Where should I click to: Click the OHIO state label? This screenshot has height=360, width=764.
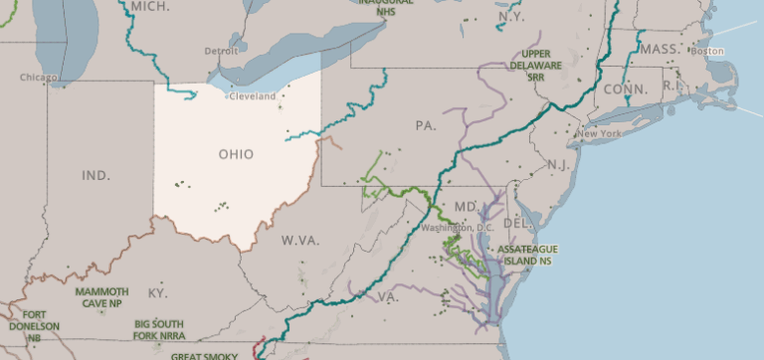click(x=236, y=154)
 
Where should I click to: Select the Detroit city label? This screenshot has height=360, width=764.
click(x=222, y=51)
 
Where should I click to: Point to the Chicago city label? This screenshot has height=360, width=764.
click(x=38, y=77)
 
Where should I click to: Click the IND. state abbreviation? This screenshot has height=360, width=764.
click(x=95, y=175)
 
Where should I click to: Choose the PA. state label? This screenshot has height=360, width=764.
click(x=426, y=126)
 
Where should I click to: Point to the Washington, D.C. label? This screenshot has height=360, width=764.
click(x=458, y=228)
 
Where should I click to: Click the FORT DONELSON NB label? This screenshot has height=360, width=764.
click(x=34, y=326)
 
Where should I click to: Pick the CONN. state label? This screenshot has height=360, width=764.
click(x=625, y=90)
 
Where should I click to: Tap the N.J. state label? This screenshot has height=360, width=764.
click(x=558, y=163)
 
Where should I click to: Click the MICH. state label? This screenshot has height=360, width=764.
click(x=150, y=5)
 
